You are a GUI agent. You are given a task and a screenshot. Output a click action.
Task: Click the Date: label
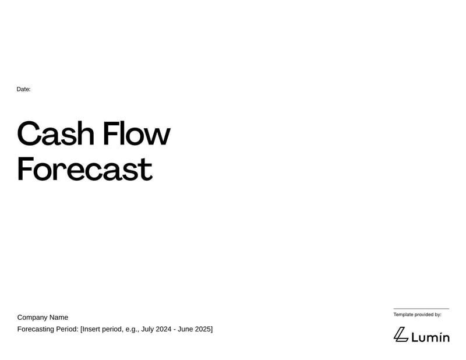coord(23,89)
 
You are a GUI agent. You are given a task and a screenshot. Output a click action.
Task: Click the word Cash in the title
coord(55,134)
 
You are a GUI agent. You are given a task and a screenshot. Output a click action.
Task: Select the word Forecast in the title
coord(84,169)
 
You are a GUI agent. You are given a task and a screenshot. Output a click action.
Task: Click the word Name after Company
coord(59,317)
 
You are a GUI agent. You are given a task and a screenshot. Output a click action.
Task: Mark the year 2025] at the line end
coord(205,329)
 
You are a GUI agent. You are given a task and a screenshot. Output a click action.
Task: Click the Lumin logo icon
coord(400,334)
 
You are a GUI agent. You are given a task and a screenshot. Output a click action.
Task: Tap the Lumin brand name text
coord(430,337)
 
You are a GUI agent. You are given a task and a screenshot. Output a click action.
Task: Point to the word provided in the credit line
coord(426,315)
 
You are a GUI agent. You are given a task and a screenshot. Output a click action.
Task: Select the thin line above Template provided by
coord(421,309)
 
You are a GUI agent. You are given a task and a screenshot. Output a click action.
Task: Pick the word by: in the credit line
coord(438,315)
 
